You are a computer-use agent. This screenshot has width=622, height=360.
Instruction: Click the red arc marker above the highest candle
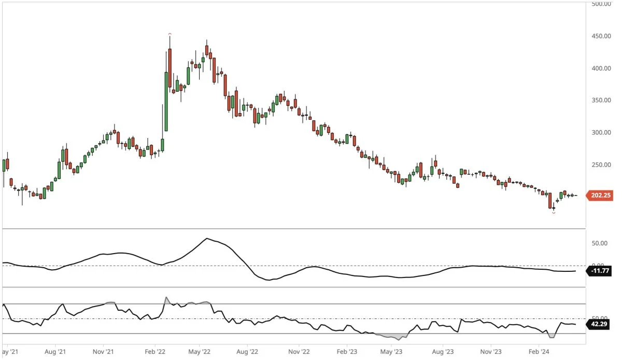tap(169, 34)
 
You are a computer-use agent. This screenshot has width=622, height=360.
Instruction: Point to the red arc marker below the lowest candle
tap(554, 213)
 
